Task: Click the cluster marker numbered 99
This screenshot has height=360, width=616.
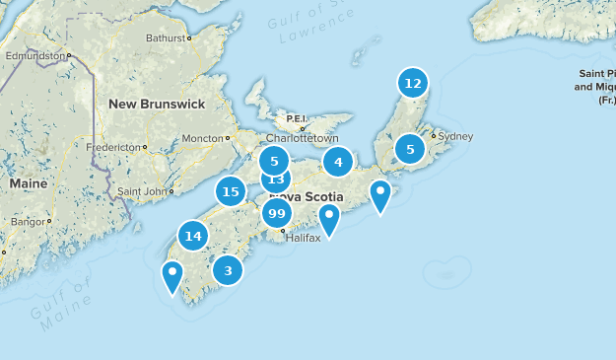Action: pyautogui.click(x=277, y=214)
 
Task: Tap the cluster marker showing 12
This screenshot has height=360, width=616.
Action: pyautogui.click(x=413, y=83)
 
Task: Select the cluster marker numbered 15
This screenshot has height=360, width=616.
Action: pyautogui.click(x=231, y=191)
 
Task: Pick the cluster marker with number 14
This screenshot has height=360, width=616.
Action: pyautogui.click(x=193, y=236)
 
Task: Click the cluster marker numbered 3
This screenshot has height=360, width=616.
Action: pyautogui.click(x=228, y=270)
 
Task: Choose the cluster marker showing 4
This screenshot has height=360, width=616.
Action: pyautogui.click(x=338, y=163)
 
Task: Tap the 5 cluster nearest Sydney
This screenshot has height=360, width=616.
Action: pyautogui.click(x=409, y=149)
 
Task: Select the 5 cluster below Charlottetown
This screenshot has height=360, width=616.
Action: pyautogui.click(x=275, y=160)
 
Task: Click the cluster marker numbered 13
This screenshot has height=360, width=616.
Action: pyautogui.click(x=276, y=180)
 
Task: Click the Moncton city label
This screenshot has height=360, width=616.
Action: pyautogui.click(x=202, y=138)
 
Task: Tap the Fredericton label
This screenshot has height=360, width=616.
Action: pyautogui.click(x=114, y=147)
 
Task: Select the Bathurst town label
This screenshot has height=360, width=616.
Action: pyautogui.click(x=166, y=38)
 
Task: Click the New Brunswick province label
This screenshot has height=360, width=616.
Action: pyautogui.click(x=157, y=104)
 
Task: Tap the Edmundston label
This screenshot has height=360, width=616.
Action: pyautogui.click(x=34, y=56)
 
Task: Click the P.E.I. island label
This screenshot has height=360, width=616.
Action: pyautogui.click(x=297, y=118)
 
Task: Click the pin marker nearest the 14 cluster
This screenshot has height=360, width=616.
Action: pyautogui.click(x=172, y=276)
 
